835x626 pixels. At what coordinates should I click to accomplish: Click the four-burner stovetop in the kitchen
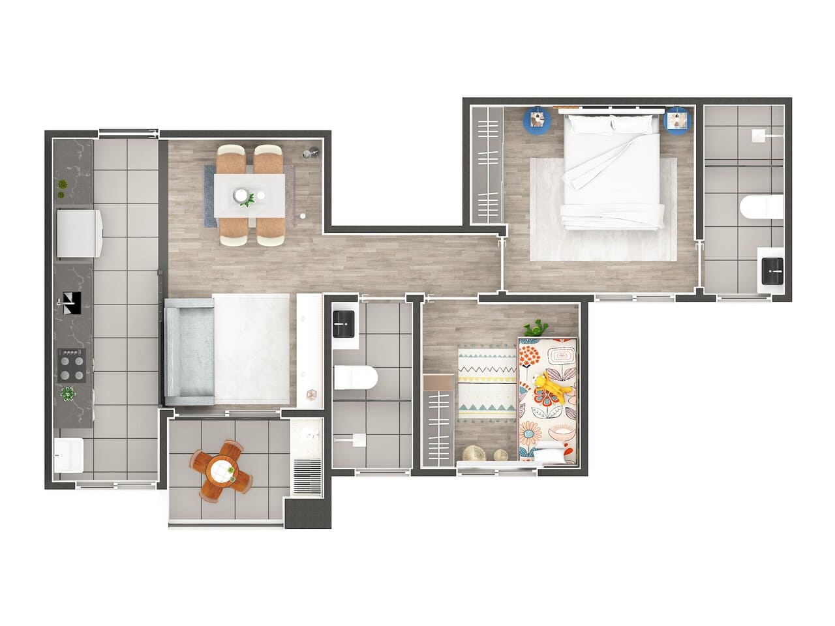[x=72, y=365]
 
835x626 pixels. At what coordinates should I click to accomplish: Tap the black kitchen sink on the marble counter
[x=71, y=303]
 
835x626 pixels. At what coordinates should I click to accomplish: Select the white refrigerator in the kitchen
[x=78, y=233]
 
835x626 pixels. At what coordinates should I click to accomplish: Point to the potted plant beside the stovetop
[x=68, y=395]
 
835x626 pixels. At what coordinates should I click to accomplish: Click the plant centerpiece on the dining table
[x=247, y=199]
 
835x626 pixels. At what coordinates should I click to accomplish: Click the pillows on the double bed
[x=611, y=124]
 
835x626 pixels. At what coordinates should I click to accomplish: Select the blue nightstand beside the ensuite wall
[x=676, y=121]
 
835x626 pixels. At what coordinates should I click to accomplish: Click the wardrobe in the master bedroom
[x=487, y=166]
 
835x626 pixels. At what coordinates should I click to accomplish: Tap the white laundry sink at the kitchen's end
[x=68, y=455]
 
